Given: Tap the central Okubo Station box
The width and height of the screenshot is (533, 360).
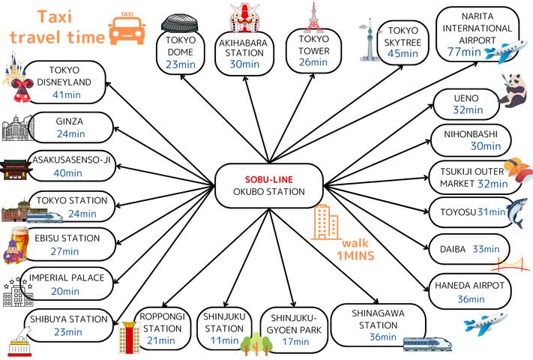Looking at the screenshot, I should [x=269, y=185].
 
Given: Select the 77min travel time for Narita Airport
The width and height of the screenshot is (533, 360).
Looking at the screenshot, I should [x=465, y=52].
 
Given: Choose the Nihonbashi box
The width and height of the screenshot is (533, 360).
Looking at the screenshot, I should [x=471, y=140].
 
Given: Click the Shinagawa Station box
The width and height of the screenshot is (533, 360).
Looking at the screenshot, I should [x=379, y=325].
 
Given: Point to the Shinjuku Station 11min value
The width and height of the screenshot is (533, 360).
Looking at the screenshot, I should [x=224, y=340].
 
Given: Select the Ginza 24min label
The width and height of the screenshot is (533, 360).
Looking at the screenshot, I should [x=70, y=134].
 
